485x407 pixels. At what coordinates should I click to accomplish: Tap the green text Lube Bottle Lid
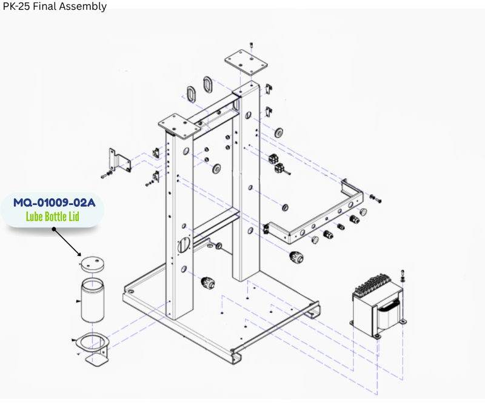click(53, 217)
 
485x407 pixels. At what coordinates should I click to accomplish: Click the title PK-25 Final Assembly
click(54, 7)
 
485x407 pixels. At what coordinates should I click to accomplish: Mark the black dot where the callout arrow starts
click(54, 229)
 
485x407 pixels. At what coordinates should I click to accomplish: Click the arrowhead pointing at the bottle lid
click(80, 254)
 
